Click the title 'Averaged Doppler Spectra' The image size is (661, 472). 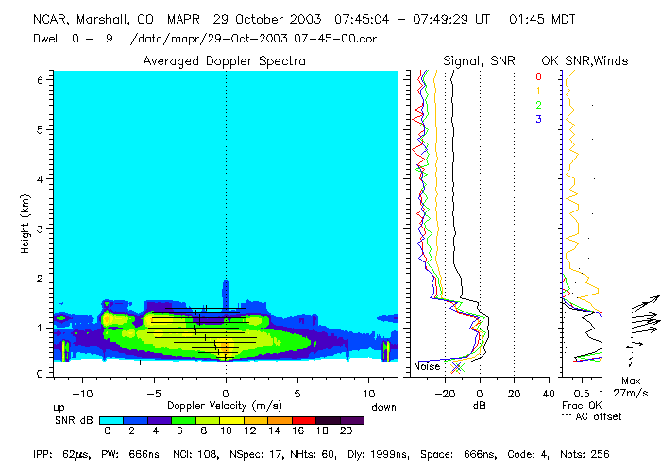click(225, 61)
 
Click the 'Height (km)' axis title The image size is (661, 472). click(25, 224)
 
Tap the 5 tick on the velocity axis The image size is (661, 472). click(297, 391)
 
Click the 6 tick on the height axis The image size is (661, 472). click(40, 80)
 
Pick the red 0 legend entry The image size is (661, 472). click(538, 76)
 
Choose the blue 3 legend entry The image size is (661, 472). click(538, 119)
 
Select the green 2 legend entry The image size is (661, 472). click(538, 105)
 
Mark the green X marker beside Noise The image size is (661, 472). click(458, 366)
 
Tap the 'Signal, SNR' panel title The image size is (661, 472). click(479, 61)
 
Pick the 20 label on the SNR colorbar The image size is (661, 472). click(345, 430)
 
